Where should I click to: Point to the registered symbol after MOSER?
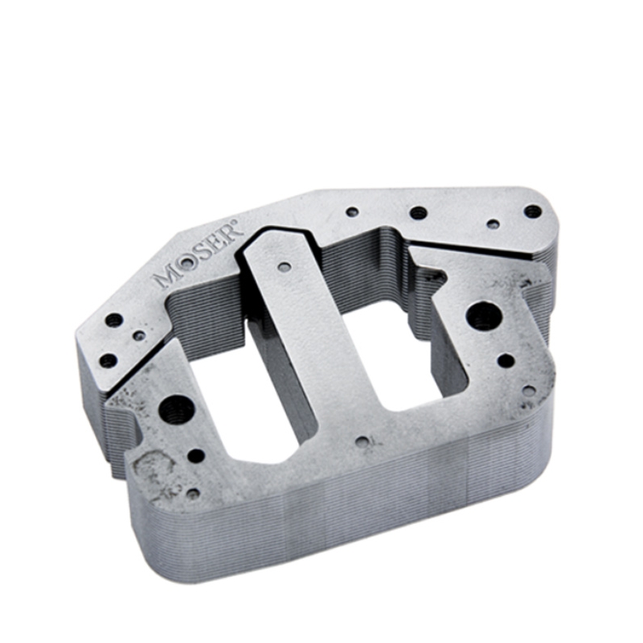[x=235, y=223]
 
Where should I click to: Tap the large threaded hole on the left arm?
[x=176, y=409]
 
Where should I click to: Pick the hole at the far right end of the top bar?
[x=533, y=211]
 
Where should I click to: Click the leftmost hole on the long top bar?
[x=352, y=212]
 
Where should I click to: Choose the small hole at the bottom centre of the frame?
[x=362, y=442]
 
